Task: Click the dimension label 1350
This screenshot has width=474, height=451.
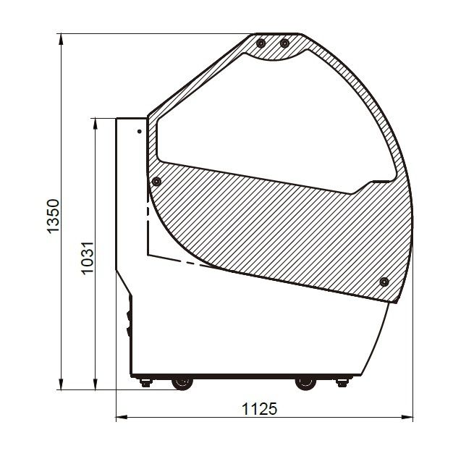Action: [x=54, y=216]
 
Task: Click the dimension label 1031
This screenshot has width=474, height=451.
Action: [x=88, y=258]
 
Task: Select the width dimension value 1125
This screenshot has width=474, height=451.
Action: [x=259, y=409]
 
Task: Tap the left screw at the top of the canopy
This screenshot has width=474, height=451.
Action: [x=261, y=43]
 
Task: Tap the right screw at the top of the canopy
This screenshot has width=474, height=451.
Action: [x=284, y=43]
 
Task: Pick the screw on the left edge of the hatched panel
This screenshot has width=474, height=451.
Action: [x=156, y=182]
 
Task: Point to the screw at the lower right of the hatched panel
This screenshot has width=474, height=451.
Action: [x=384, y=282]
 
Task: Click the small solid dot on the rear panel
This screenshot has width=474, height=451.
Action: [x=140, y=132]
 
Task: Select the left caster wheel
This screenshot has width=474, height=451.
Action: [x=182, y=383]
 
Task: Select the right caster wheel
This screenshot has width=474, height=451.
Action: [x=305, y=383]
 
